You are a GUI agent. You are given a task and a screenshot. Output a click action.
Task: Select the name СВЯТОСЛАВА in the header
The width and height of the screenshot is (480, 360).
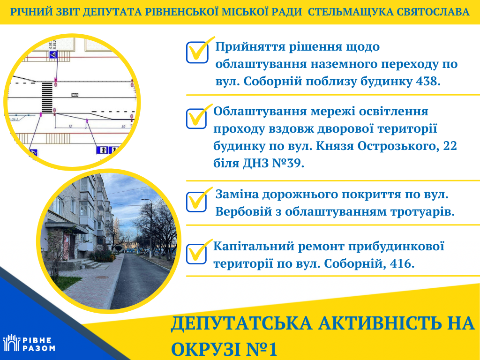coord(433,12)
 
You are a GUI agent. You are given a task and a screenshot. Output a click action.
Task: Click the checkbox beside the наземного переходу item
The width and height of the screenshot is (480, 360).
coord(197,52)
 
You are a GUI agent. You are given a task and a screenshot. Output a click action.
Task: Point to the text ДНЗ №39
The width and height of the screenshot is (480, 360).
coord(273,163)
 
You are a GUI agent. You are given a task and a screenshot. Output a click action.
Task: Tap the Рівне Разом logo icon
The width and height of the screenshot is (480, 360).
coord(11,342)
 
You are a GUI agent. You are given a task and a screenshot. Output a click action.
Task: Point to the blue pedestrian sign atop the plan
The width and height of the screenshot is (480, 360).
coord(53,55)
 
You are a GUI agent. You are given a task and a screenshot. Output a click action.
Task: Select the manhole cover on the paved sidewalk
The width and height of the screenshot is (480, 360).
coord(102,277)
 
